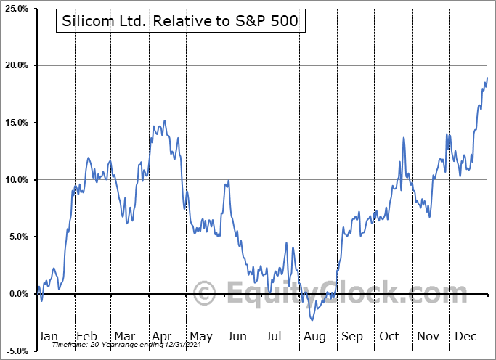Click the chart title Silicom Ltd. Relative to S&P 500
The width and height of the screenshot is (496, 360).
coord(179,22)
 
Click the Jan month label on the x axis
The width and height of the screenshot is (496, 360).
coord(48,336)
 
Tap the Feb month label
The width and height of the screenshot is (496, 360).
coord(86,336)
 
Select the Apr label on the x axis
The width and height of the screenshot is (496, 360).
coord(162,336)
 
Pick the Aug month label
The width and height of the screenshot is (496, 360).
coord(314,336)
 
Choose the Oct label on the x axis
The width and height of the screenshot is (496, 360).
coord(389,336)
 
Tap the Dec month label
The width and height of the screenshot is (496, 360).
coord(466,336)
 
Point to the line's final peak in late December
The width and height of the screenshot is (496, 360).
coord(487,78)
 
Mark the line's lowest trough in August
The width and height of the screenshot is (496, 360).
coord(313,319)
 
